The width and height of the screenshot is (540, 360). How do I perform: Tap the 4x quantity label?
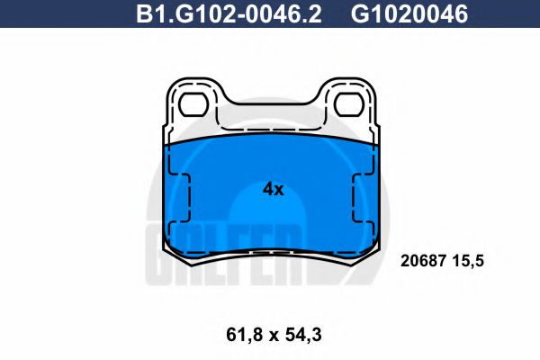click(x=273, y=189)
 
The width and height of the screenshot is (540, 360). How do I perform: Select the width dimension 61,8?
click(x=238, y=335)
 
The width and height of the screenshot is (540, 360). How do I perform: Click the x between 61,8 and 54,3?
click(x=271, y=336)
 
